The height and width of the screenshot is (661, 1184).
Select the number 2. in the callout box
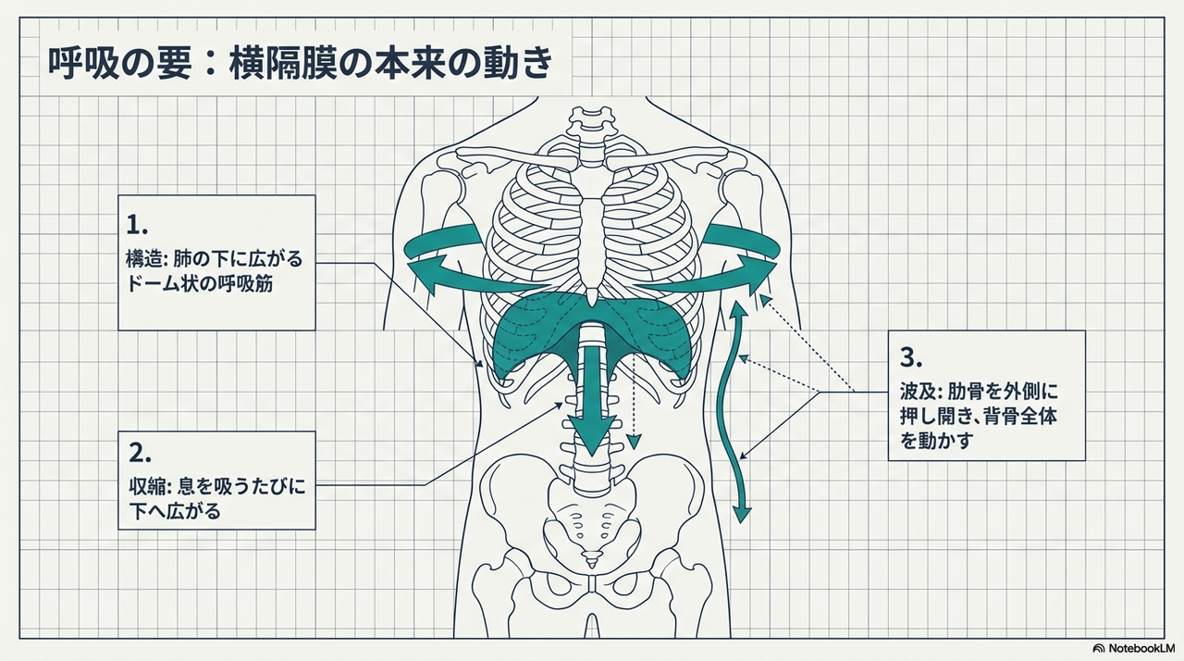[x=140, y=453]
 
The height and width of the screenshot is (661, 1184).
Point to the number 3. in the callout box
[x=911, y=356]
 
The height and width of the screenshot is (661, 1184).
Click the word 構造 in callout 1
[x=142, y=257]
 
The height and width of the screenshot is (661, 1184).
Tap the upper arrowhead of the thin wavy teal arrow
[x=739, y=308]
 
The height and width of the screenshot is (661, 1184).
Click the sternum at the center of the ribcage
[x=592, y=231]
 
